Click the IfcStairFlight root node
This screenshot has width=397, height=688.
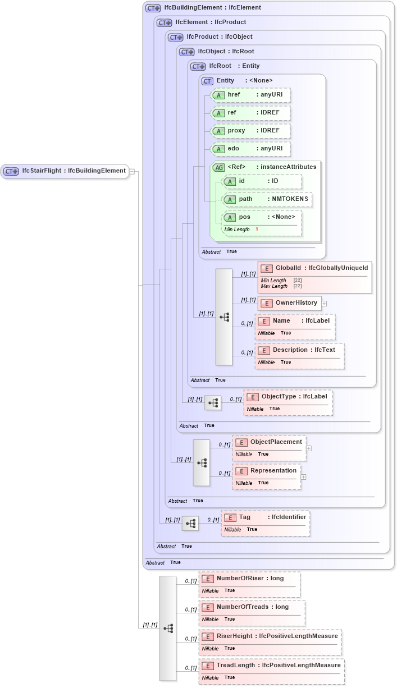pyautogui.click(x=65, y=171)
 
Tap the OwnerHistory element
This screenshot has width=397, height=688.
pyautogui.click(x=290, y=303)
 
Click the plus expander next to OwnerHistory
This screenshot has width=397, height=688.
pyautogui.click(x=324, y=304)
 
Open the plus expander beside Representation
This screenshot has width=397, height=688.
pyautogui.click(x=304, y=477)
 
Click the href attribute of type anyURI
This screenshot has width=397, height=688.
pyautogui.click(x=250, y=95)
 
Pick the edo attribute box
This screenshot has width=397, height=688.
pyautogui.click(x=250, y=149)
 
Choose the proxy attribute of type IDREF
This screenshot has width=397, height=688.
pyautogui.click(x=250, y=131)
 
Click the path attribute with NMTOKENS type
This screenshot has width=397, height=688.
pyautogui.click(x=267, y=199)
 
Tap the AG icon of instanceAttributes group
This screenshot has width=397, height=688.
pyautogui.click(x=218, y=167)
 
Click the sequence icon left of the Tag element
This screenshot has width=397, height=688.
pyautogui.click(x=190, y=524)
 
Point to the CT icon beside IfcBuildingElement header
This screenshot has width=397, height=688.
pyautogui.click(x=153, y=8)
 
